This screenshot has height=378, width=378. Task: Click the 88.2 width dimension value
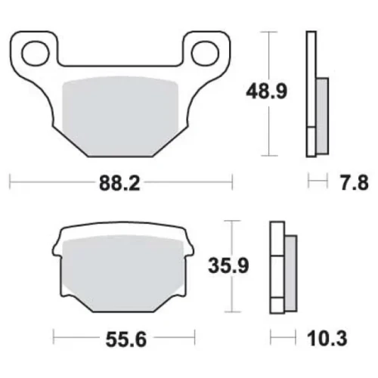click(119, 183)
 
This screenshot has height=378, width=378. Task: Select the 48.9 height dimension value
click(266, 91)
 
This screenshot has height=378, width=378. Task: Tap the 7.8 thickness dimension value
click(355, 182)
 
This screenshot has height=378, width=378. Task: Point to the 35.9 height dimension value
click(228, 266)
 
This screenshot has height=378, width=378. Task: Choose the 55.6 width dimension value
click(126, 339)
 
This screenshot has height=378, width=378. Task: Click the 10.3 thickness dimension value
click(327, 338)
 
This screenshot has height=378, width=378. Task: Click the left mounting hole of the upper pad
click(36, 54)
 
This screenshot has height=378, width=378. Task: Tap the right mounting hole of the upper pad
click(205, 54)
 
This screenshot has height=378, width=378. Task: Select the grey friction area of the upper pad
click(120, 116)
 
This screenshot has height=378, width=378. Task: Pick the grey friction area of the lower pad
click(122, 274)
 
